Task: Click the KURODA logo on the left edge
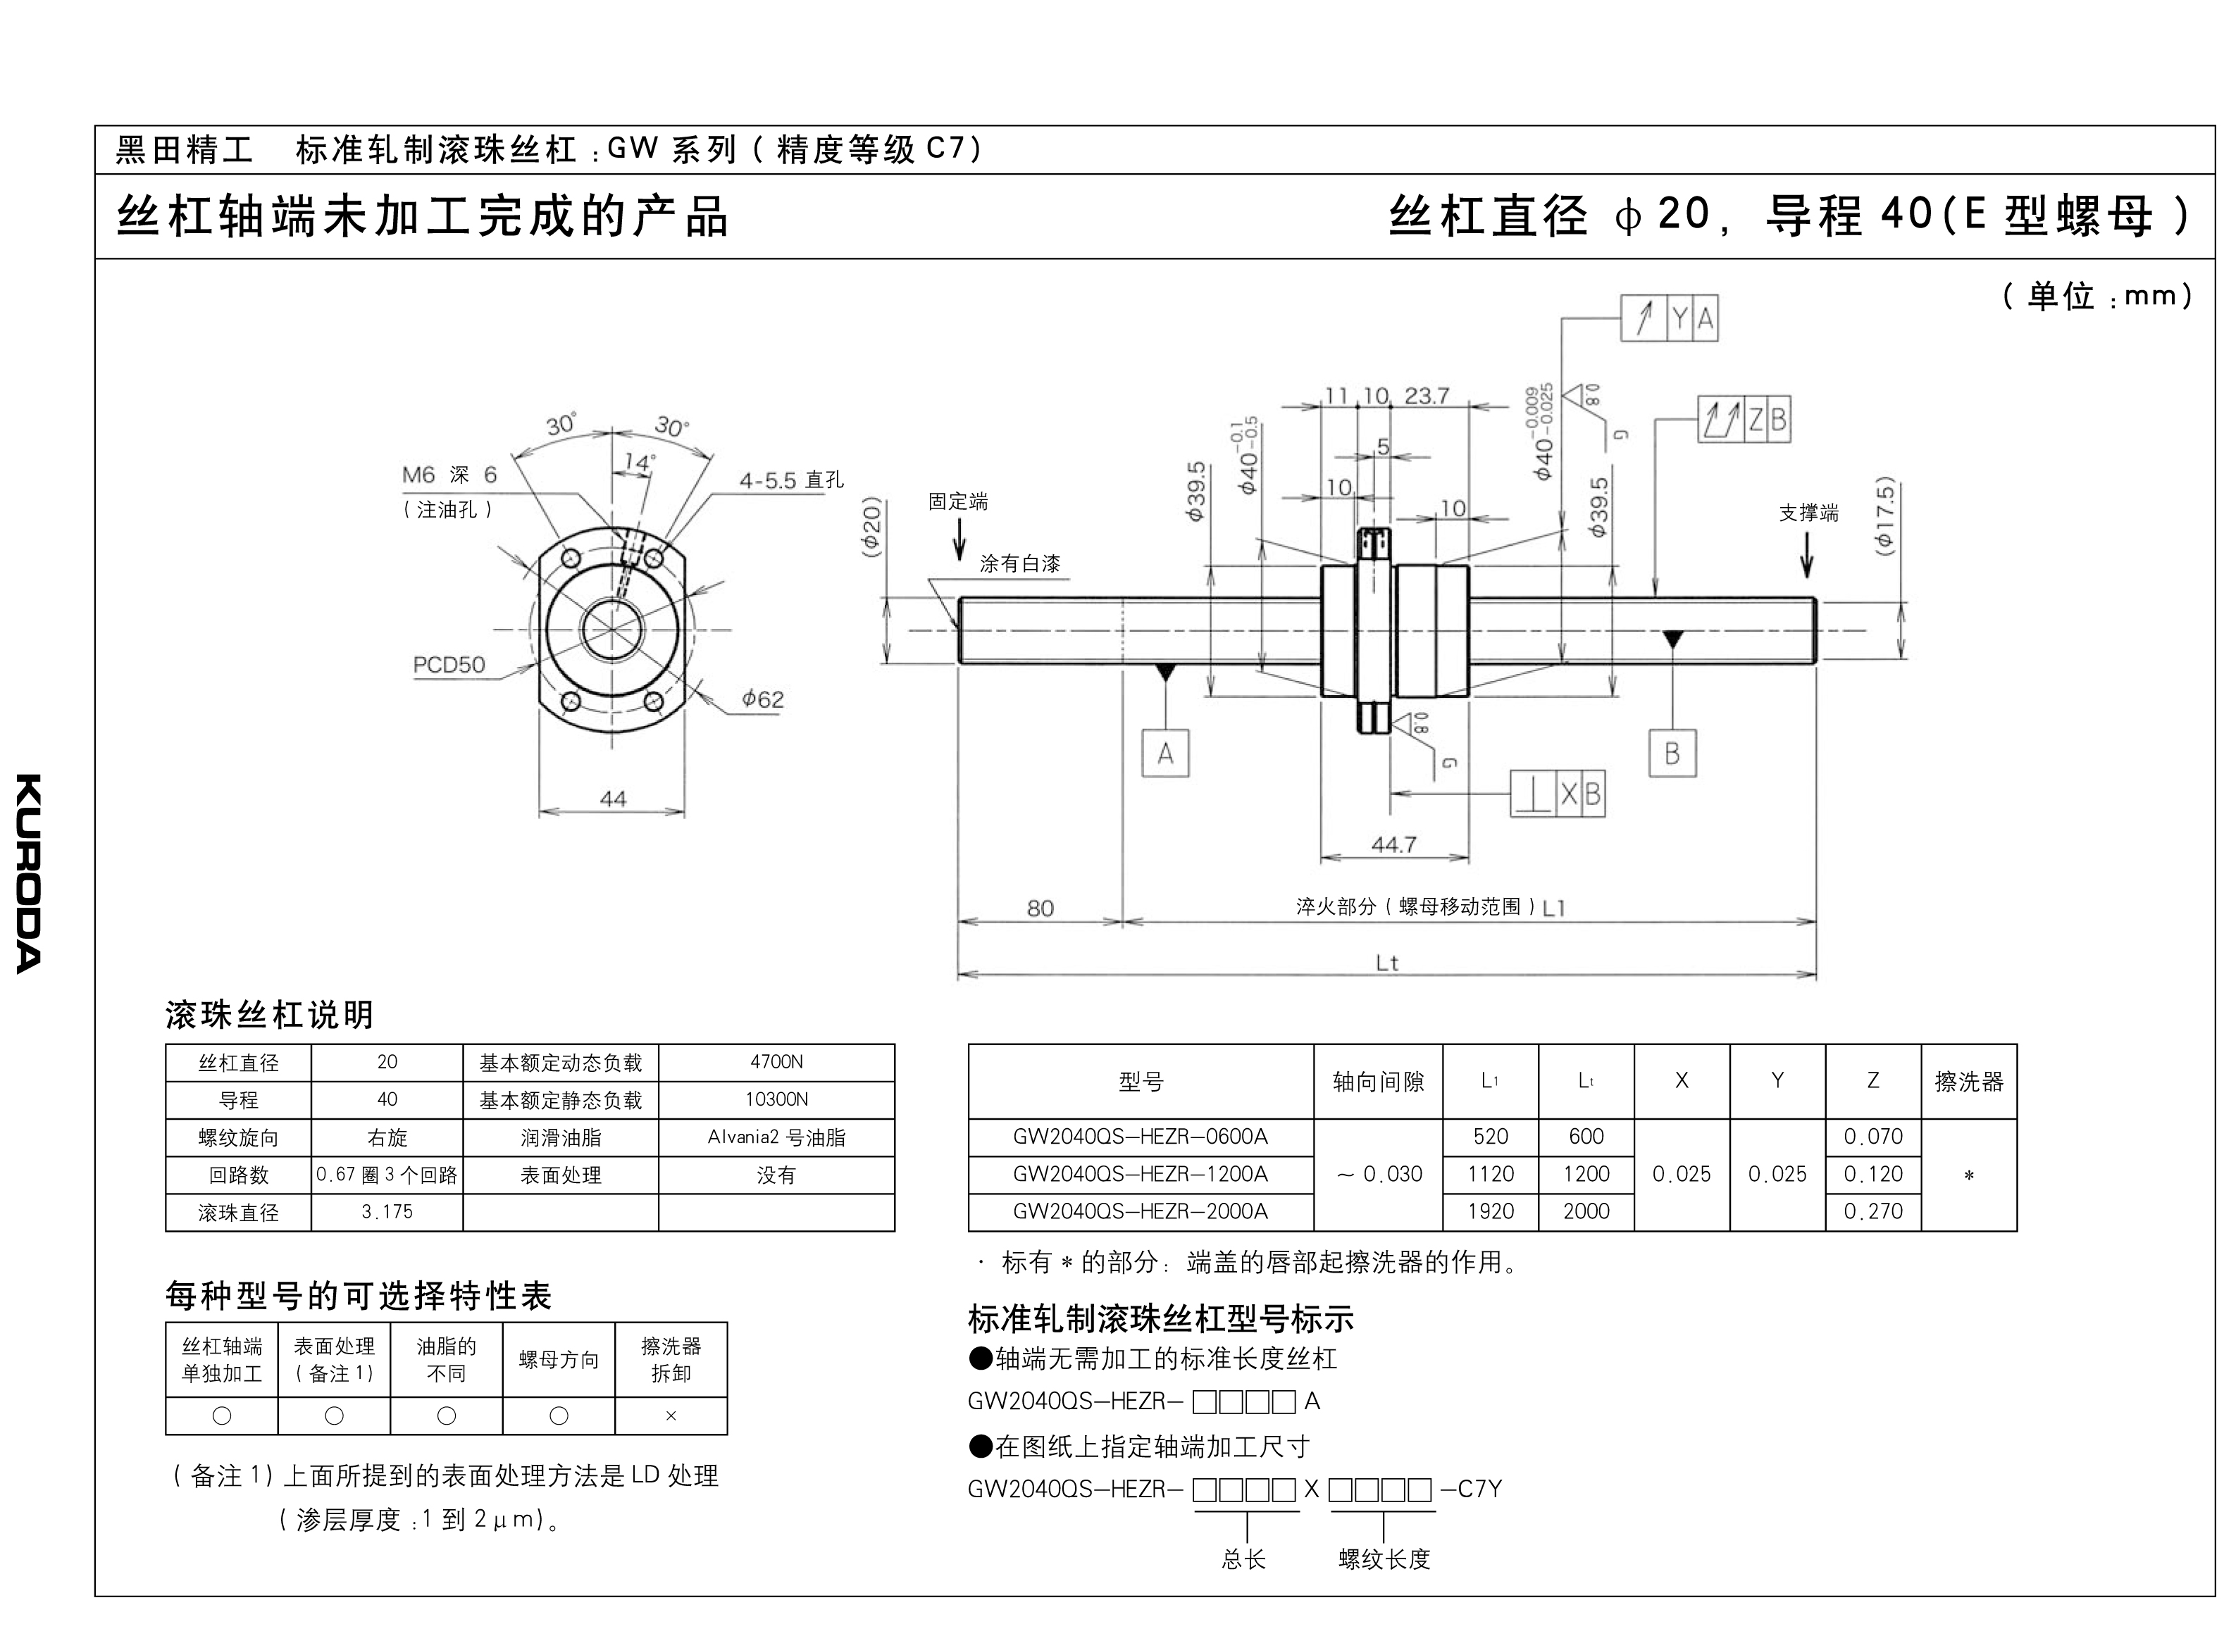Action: click(29, 873)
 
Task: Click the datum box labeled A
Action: click(1164, 754)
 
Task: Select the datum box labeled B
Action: click(1672, 754)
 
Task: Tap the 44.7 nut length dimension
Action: click(1393, 844)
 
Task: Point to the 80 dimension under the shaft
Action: click(1040, 908)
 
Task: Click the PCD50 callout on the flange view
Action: click(449, 664)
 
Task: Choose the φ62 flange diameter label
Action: click(763, 699)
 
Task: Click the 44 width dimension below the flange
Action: click(613, 799)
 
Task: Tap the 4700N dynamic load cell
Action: click(777, 1062)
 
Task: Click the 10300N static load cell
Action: click(777, 1100)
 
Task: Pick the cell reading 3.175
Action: click(387, 1213)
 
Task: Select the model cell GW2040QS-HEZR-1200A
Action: click(1141, 1175)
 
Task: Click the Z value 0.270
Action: click(1873, 1211)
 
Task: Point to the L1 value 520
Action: click(1490, 1137)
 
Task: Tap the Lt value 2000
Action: click(1586, 1211)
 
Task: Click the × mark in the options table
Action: click(671, 1416)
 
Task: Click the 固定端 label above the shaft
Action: click(958, 501)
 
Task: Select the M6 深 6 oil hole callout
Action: click(449, 475)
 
